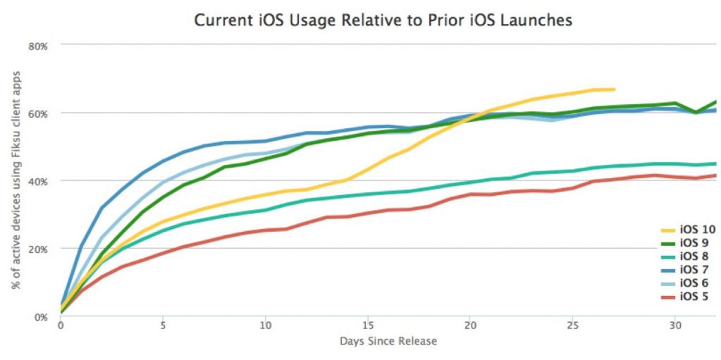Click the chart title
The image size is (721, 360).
383,20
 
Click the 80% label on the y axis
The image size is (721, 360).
37,46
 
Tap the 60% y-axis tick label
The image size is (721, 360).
37,113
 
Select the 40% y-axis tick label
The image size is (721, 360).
37,181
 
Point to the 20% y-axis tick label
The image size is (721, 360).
37,249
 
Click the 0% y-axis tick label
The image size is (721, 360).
40,317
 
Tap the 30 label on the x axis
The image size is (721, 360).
675,327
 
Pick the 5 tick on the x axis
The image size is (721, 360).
163,327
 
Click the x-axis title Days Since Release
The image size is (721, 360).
389,342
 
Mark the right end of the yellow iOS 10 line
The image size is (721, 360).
615,89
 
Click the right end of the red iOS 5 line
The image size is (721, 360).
715,175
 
